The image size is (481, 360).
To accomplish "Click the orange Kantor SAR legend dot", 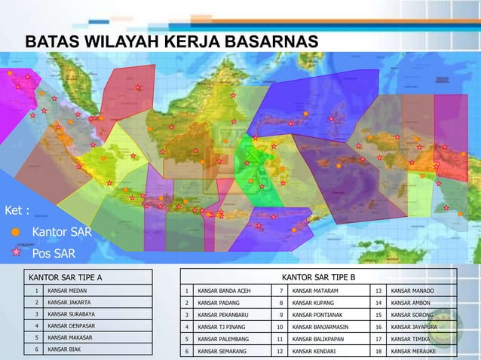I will [15, 231].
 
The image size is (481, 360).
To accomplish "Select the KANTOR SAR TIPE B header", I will [318, 277].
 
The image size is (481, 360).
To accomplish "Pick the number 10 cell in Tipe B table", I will [280, 327].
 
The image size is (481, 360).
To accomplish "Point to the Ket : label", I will [17, 210].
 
